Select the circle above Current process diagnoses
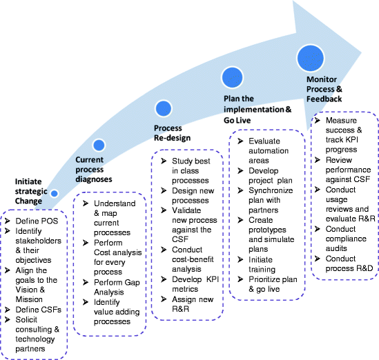click(99, 146)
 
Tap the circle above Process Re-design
click(164, 108)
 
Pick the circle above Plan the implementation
click(231, 77)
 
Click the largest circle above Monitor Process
click(311, 59)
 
